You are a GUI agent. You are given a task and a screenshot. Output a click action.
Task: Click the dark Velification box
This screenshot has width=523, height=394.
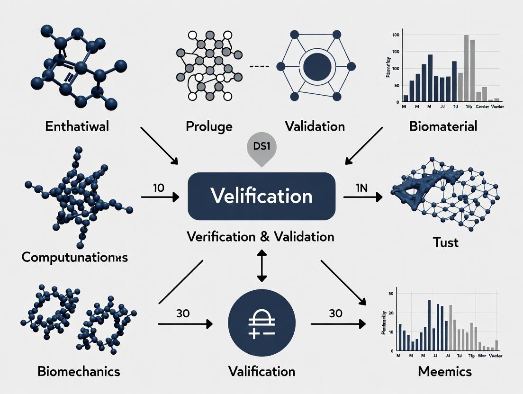[x=261, y=196]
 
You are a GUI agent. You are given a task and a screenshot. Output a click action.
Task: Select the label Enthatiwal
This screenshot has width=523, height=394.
[x=77, y=126]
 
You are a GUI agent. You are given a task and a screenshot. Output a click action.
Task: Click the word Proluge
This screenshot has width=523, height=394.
[x=209, y=126]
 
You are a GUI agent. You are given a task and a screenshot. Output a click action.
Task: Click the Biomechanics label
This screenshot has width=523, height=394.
[x=79, y=371]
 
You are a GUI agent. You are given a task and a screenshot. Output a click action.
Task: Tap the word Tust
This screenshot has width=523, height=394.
[x=446, y=242]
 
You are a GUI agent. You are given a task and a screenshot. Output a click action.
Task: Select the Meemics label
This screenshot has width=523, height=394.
[x=445, y=371]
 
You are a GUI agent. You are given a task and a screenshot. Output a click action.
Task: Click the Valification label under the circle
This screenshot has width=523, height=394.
[x=261, y=371]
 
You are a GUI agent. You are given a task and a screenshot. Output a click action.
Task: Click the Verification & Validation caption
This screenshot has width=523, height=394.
[x=260, y=236]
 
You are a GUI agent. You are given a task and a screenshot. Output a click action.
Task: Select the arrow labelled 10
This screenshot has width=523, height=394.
[x=160, y=197]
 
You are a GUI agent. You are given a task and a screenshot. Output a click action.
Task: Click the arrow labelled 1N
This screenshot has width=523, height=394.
[x=362, y=197]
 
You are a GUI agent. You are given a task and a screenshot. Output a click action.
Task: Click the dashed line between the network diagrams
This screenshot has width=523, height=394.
[x=259, y=67]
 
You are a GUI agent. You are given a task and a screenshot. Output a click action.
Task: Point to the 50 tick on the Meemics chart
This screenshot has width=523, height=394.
[x=391, y=294]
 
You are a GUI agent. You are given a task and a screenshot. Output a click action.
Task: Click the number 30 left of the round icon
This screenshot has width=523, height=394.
[x=183, y=313]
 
